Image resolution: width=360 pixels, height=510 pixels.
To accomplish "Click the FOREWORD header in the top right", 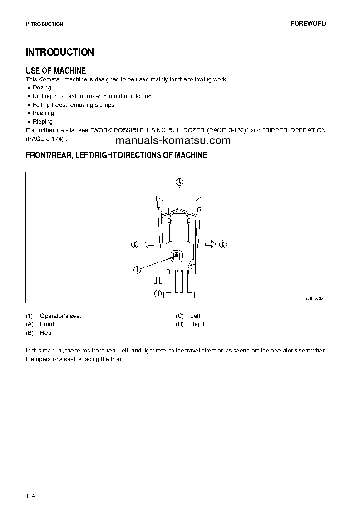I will point(308,24).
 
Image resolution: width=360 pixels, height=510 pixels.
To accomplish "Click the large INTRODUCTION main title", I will point(60,52).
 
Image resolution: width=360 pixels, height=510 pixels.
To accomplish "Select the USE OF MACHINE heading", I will point(56,70).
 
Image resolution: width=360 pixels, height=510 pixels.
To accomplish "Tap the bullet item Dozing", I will point(42,88).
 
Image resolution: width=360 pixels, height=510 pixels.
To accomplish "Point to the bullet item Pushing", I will point(43,113).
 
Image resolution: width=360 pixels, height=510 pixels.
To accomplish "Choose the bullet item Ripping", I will point(43,122).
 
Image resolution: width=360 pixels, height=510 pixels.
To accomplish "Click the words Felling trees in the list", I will point(45,105).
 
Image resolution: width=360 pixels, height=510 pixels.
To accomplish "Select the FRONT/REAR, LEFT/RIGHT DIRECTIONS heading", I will point(116,155).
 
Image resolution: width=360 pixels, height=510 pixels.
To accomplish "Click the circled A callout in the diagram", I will point(180,182).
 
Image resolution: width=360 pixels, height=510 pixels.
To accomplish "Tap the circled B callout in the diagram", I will point(158,294).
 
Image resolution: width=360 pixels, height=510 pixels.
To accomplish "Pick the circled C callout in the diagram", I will point(134,244).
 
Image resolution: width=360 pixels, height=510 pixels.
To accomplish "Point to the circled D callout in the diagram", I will point(223,244).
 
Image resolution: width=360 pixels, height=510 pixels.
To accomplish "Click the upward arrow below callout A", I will point(180,193).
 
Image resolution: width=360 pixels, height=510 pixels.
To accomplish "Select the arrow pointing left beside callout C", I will point(148,244).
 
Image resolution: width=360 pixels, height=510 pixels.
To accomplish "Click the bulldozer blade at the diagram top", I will point(179,201).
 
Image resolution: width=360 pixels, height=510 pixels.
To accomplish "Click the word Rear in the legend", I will point(46,333).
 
